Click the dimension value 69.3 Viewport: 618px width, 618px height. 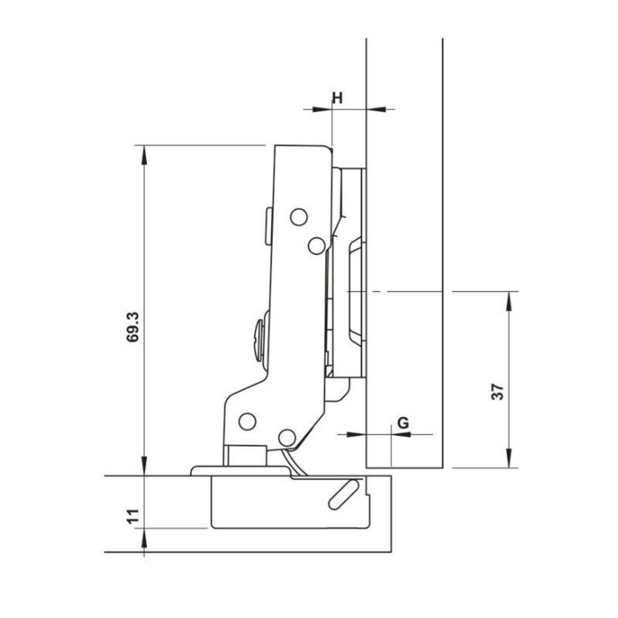pos(133,327)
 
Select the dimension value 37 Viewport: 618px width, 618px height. pos(497,392)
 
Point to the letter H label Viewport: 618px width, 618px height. pos(337,98)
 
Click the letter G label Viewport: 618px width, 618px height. pos(403,422)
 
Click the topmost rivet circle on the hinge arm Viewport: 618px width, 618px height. pos(299,217)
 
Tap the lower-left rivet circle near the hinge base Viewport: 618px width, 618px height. pos(247,421)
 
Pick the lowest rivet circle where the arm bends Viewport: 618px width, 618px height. pos(287,437)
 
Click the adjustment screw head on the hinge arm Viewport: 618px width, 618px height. pos(260,341)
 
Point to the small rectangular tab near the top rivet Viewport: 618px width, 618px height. pos(268,226)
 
